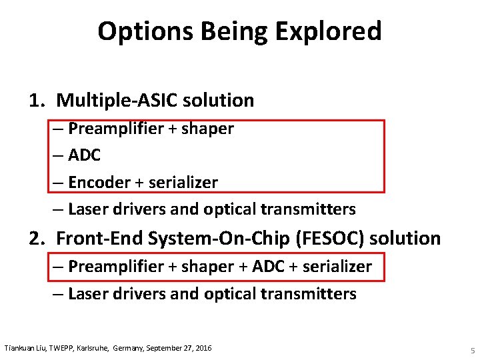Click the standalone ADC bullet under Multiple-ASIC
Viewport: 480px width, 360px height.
[x=84, y=155]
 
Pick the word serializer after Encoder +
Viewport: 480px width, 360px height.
[x=181, y=182]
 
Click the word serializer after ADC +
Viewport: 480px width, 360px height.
[x=337, y=267]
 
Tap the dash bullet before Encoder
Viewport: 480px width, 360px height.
[x=58, y=182]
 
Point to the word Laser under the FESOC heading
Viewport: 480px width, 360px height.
[x=85, y=293]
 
